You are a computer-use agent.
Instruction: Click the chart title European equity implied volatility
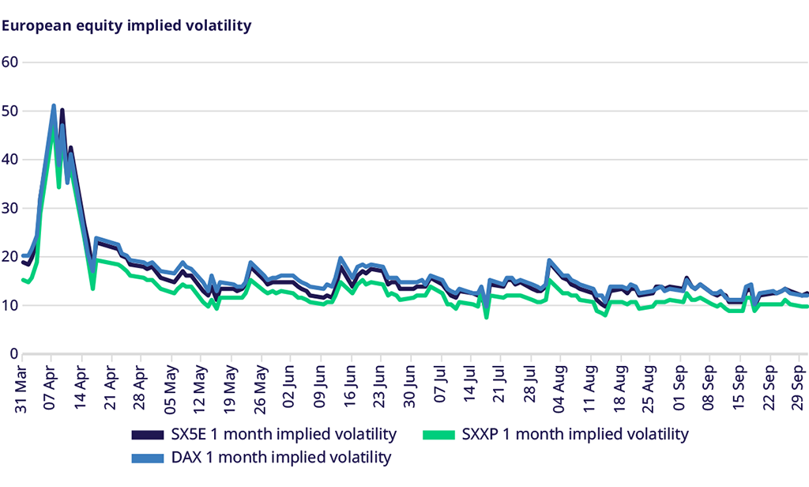[x=126, y=25]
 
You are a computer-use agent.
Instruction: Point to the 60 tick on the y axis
[x=9, y=62]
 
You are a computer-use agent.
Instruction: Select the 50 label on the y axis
[x=9, y=111]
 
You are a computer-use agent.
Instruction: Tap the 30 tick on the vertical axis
[x=9, y=209]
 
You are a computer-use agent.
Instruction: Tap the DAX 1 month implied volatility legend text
[x=280, y=457]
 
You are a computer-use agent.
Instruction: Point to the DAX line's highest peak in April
[x=54, y=106]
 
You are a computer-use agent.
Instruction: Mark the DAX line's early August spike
[x=549, y=260]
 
